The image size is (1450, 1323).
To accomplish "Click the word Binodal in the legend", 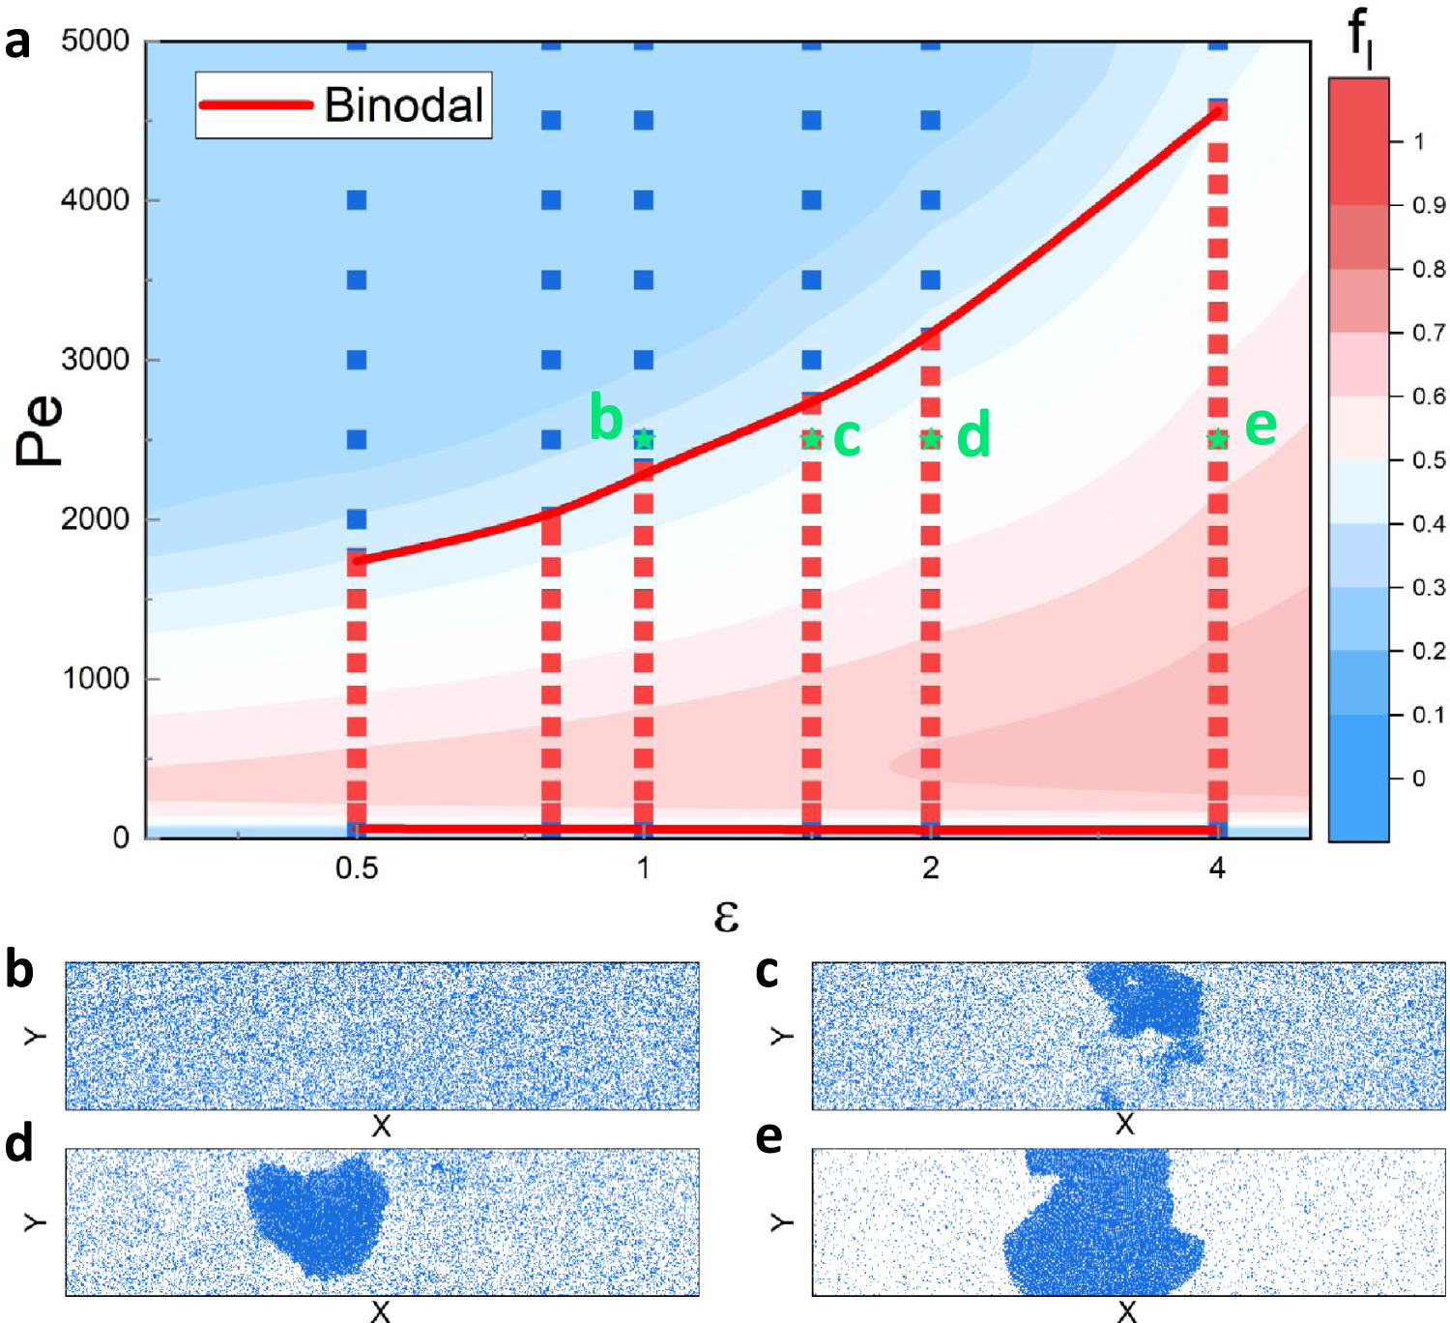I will tap(403, 104).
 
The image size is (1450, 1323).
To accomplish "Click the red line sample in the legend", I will tap(256, 104).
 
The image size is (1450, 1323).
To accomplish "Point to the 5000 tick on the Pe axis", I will tap(95, 41).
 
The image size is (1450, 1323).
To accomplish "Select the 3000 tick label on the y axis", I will tap(95, 359).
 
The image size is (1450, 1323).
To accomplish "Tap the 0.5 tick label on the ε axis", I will tap(357, 868).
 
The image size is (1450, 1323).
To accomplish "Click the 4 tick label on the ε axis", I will tap(1217, 868).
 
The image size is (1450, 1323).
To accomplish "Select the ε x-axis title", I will tap(726, 915).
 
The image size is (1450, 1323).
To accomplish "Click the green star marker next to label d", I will tap(930, 439).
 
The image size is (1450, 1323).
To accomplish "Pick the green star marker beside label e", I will tap(1218, 439).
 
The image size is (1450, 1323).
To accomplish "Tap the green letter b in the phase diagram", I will tap(606, 418).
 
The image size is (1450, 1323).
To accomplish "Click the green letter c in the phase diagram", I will tap(847, 436).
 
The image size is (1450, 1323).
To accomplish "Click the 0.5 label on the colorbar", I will tap(1428, 460).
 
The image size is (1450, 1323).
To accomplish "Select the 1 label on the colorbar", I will tap(1418, 142).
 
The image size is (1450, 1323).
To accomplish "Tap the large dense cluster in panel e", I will tap(1102, 1238).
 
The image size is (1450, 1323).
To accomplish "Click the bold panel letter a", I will tap(17, 43).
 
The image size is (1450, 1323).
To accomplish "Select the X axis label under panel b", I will tap(381, 1126).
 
